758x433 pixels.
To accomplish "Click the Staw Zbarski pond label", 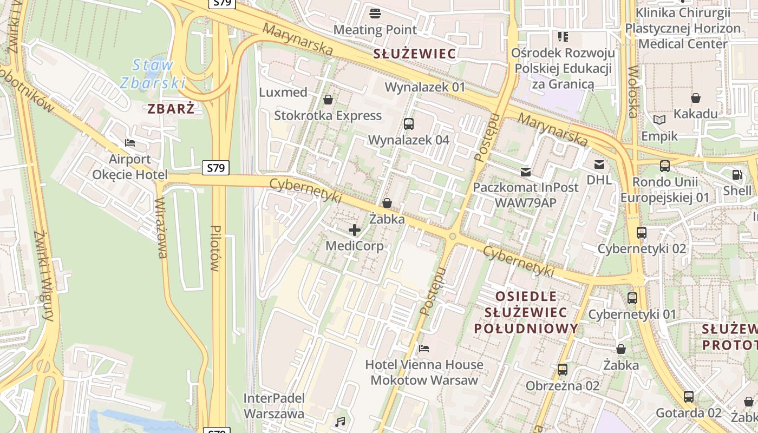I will (x=153, y=74).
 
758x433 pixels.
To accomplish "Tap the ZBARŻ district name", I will (x=171, y=109).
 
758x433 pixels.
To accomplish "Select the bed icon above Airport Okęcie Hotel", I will (x=130, y=143).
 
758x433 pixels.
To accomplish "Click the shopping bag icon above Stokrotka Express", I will (x=328, y=100).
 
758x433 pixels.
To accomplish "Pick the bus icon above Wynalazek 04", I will (x=409, y=123).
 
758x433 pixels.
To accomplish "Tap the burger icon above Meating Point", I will (x=375, y=13).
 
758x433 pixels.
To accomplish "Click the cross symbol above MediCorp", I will (x=355, y=231).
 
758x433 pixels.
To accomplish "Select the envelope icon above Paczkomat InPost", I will (x=525, y=172).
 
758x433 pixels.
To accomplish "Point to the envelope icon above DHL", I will (x=599, y=164).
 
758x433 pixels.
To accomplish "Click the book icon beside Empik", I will (x=659, y=120).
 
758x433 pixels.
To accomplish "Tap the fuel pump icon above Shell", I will (x=737, y=175).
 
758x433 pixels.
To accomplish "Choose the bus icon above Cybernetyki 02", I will (x=642, y=233).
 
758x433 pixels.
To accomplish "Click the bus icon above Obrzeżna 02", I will (x=563, y=370).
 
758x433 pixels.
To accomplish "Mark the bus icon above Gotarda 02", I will (x=688, y=397).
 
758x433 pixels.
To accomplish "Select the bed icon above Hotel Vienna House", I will (x=424, y=348).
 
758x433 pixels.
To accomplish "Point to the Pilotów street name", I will (x=215, y=248).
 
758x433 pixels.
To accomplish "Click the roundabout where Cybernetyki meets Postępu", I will (x=452, y=237).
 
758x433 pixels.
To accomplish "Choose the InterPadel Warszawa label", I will (x=273, y=406).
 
